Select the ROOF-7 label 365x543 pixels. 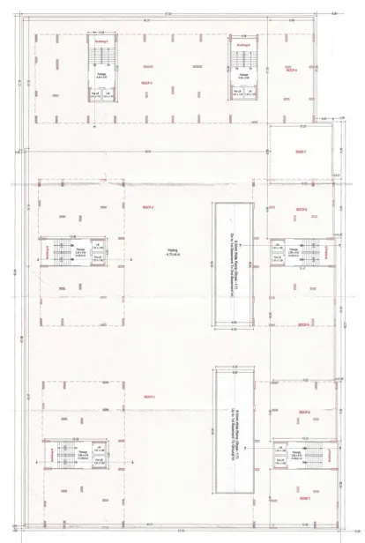300,152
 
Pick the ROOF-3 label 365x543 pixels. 148,398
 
